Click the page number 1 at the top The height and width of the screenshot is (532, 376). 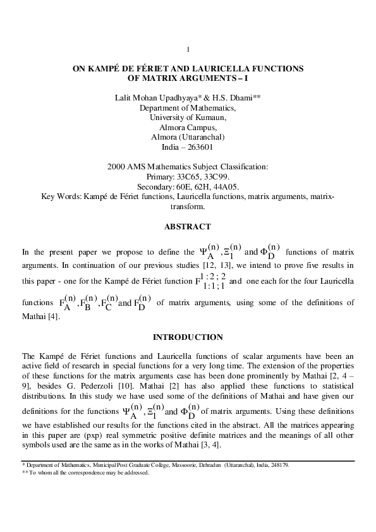point(188,49)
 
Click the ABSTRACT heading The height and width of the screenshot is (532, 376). point(188,227)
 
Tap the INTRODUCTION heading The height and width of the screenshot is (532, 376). point(188,337)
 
